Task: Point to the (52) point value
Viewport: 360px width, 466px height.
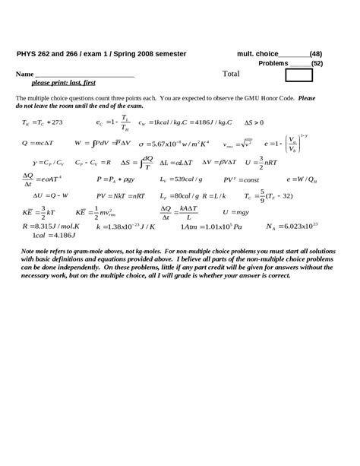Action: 317,63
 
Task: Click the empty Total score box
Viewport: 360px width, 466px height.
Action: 298,75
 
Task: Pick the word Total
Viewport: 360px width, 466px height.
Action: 231,74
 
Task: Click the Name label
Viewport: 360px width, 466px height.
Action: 25,75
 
